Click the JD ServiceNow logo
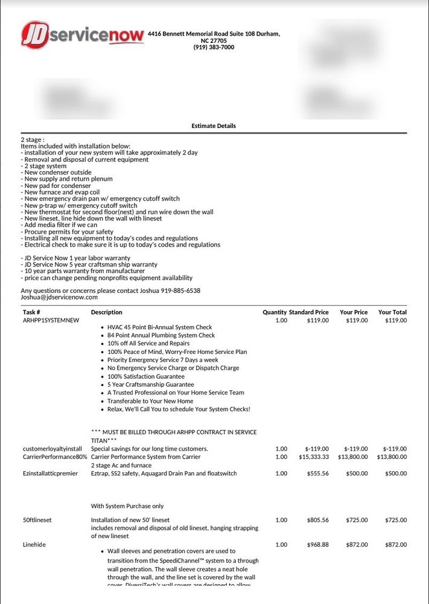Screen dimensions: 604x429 pos(83,36)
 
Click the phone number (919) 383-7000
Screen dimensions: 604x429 pos(214,47)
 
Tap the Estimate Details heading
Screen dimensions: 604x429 pos(214,126)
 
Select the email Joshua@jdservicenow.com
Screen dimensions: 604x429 pos(59,297)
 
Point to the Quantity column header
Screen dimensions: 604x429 pos(275,312)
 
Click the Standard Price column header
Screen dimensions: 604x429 pos(309,312)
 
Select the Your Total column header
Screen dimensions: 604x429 pos(392,312)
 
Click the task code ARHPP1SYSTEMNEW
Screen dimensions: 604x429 pos(51,320)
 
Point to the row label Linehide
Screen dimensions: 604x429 pos(34,545)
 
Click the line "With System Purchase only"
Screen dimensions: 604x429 pos(127,506)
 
